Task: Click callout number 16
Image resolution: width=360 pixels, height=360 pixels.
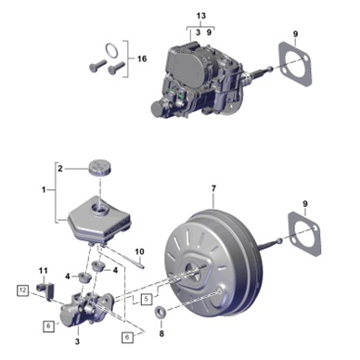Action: click(x=142, y=58)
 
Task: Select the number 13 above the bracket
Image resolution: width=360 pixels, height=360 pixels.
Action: click(x=201, y=16)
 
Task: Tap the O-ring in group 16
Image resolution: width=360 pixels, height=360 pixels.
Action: click(x=111, y=51)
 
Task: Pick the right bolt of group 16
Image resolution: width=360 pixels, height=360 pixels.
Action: click(x=116, y=67)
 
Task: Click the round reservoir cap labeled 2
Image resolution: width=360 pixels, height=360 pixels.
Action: click(x=100, y=167)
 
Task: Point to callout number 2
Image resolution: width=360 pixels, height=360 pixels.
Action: click(x=60, y=169)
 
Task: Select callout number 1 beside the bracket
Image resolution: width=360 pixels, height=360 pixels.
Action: click(x=44, y=189)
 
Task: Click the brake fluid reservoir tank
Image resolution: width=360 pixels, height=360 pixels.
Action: click(x=99, y=219)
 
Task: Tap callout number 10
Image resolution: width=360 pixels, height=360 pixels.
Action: click(x=139, y=251)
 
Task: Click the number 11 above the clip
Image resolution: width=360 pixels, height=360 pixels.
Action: click(x=44, y=271)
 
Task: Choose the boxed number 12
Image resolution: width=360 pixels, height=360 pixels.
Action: click(x=22, y=290)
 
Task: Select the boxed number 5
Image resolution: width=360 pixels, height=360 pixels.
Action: click(x=147, y=299)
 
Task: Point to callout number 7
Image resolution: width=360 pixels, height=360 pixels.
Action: click(x=213, y=188)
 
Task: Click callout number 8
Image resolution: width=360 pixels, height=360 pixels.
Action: click(x=161, y=334)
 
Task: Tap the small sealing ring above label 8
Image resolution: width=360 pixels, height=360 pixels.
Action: click(x=161, y=313)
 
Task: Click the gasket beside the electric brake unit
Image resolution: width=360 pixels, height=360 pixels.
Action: click(x=295, y=63)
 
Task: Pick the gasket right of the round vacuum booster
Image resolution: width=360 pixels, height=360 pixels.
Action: click(x=305, y=234)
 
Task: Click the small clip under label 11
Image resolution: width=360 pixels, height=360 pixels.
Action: click(x=45, y=290)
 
